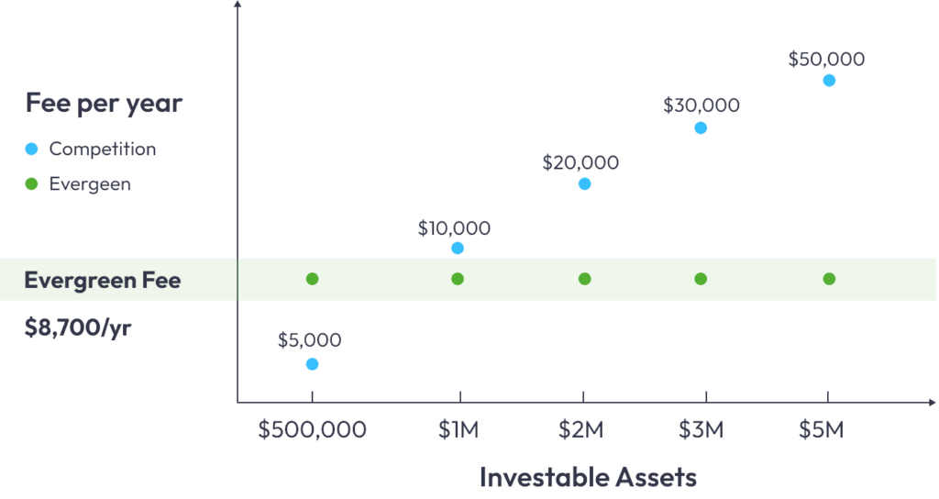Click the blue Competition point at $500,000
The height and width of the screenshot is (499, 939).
[312, 364]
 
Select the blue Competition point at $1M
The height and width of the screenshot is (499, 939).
[458, 249]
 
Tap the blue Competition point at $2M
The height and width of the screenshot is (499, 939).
[584, 184]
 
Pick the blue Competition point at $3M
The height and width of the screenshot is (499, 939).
[701, 128]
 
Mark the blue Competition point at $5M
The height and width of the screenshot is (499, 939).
[829, 80]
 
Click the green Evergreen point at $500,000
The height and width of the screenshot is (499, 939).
[312, 279]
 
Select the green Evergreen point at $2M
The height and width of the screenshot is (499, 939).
[584, 279]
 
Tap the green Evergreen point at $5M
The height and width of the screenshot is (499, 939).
[829, 279]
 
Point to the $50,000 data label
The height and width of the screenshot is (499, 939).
[826, 60]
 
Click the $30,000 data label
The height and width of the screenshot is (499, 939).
[701, 105]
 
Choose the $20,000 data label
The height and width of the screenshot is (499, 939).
[580, 163]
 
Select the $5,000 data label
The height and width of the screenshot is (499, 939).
[309, 340]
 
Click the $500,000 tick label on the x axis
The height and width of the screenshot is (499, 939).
[312, 429]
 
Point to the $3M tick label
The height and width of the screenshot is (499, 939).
[701, 429]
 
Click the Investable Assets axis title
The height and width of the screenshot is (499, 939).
[588, 477]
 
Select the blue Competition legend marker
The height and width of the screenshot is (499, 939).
[31, 149]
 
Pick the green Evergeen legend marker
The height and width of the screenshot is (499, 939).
[31, 183]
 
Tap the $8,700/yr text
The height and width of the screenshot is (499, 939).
[77, 327]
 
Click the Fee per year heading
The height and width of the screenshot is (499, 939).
[104, 103]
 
